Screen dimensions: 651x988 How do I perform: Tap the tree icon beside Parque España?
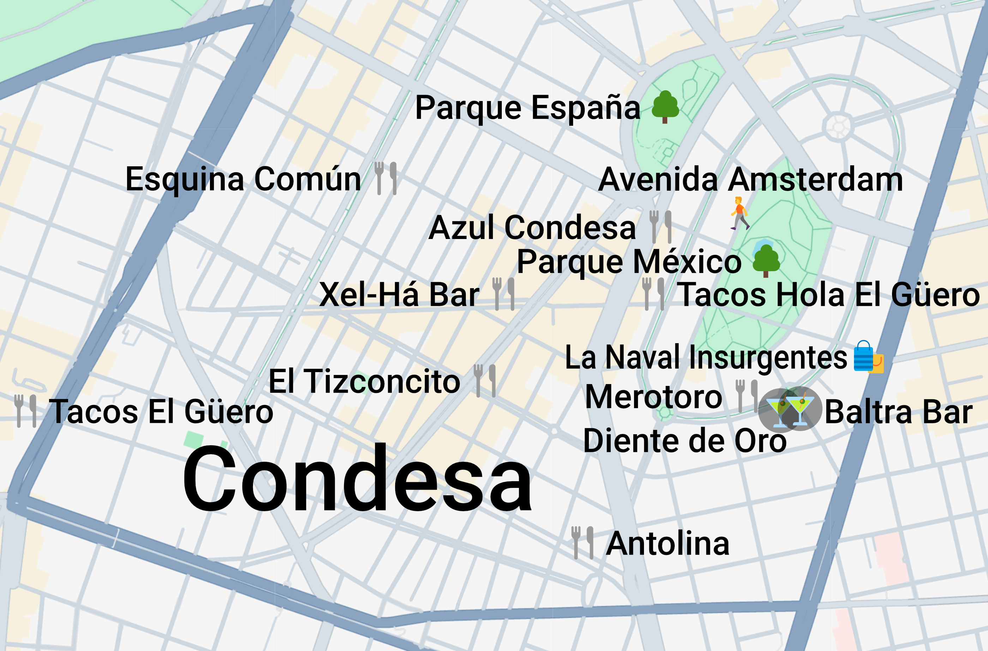[665, 107]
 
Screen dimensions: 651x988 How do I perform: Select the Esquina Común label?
[243, 179]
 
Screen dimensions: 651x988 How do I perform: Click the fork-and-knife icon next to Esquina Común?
[386, 179]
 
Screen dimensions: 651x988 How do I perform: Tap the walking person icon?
[739, 214]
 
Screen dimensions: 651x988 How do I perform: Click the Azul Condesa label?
[532, 228]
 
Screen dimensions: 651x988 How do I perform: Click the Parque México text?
[629, 262]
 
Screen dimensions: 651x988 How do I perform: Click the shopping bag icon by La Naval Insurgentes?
[868, 357]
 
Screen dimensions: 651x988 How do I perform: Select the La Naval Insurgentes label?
[706, 357]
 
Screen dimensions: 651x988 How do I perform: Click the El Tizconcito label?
[364, 381]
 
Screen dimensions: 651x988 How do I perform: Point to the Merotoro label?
[654, 397]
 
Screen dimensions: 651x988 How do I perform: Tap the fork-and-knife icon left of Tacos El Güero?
[25, 411]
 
